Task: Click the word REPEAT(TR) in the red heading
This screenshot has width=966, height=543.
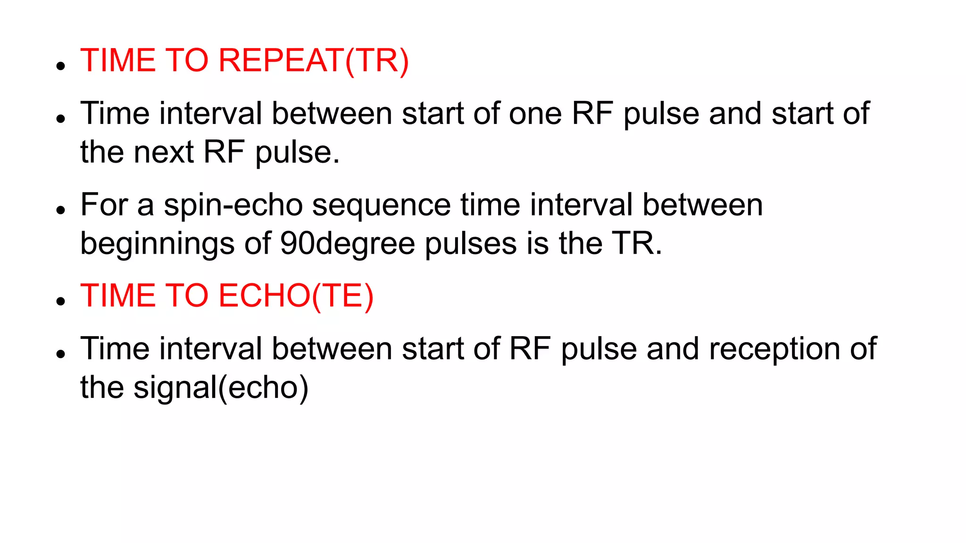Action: tap(313, 61)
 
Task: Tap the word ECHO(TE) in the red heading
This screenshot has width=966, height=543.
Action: tap(296, 296)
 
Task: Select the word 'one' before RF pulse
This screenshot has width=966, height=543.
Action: tap(535, 114)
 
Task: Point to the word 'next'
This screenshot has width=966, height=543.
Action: tap(163, 152)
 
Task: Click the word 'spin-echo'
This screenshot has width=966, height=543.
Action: tap(233, 205)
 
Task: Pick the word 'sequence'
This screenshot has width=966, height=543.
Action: tap(381, 205)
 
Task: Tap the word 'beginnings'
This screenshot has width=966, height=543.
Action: tap(158, 244)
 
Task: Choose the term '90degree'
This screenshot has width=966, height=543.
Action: tap(347, 244)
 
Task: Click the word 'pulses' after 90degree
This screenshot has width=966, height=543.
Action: tap(470, 244)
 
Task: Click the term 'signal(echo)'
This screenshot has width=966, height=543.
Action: tap(221, 388)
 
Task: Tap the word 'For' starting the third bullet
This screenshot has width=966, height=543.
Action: tap(104, 205)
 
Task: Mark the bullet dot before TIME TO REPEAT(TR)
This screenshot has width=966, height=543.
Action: tap(60, 66)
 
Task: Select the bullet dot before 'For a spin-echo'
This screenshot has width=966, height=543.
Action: tap(60, 210)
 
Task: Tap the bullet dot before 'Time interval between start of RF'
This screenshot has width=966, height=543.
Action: tap(60, 354)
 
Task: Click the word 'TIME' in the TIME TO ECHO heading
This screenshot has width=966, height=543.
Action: tap(118, 296)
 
